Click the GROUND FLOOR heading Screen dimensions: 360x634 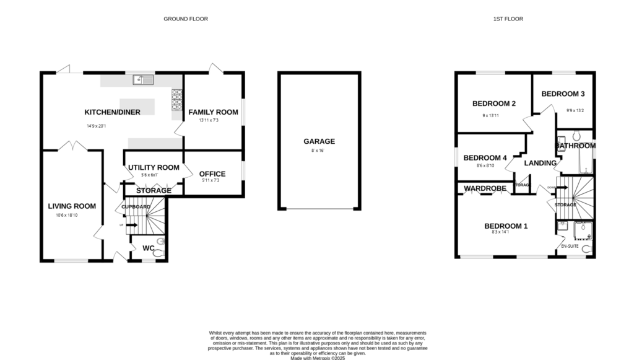(185, 19)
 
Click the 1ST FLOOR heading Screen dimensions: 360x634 (508, 19)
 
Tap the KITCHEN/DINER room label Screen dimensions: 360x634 (113, 112)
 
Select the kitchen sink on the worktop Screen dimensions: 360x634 (143, 79)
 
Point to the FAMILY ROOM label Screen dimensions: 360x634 (213, 112)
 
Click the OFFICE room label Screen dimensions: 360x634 (212, 173)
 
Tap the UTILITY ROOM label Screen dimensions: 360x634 (154, 167)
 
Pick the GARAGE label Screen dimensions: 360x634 (319, 141)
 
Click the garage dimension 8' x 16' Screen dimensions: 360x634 (319, 151)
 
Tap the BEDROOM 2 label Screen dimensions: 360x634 (493, 103)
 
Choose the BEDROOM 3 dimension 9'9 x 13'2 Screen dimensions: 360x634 (575, 111)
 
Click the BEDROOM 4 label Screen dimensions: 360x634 (485, 157)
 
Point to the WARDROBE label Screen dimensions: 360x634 (485, 188)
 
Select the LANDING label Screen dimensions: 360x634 (541, 163)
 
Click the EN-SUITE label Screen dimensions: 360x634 (570, 246)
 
